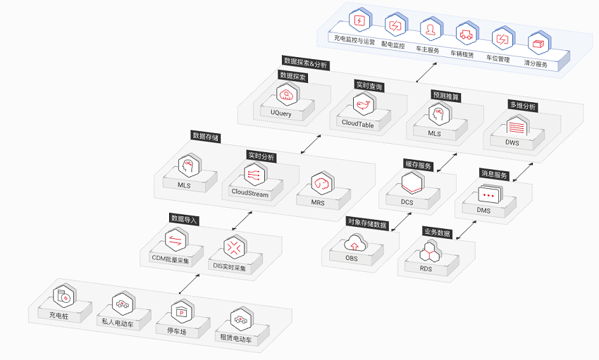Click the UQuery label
(x=280, y=113)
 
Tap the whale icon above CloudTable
(x=364, y=104)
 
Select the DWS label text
(x=512, y=142)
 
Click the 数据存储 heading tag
(x=206, y=136)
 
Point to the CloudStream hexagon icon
(x=254, y=174)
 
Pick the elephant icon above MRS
(x=321, y=184)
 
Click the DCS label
(x=407, y=202)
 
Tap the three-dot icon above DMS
(x=489, y=195)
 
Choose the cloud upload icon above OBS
(x=355, y=244)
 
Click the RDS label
(x=426, y=268)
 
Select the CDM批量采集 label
(x=171, y=259)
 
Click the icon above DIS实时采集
(x=234, y=248)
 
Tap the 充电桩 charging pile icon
(x=64, y=297)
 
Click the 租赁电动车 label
(x=235, y=338)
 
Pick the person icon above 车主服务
(x=431, y=30)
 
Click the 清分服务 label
(x=536, y=63)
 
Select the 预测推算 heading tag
(x=446, y=96)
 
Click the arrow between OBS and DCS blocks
(x=401, y=222)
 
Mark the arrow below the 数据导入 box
(x=189, y=284)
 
